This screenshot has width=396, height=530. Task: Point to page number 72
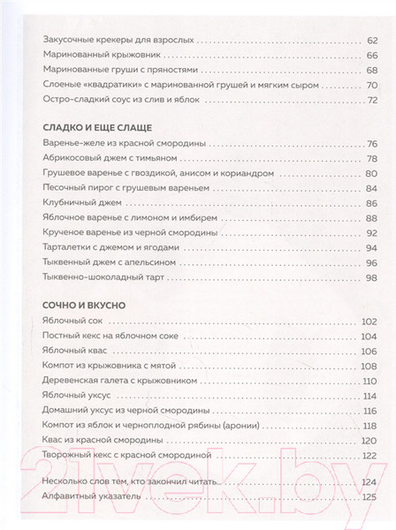click(371, 100)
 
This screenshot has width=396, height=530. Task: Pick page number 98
click(371, 278)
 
